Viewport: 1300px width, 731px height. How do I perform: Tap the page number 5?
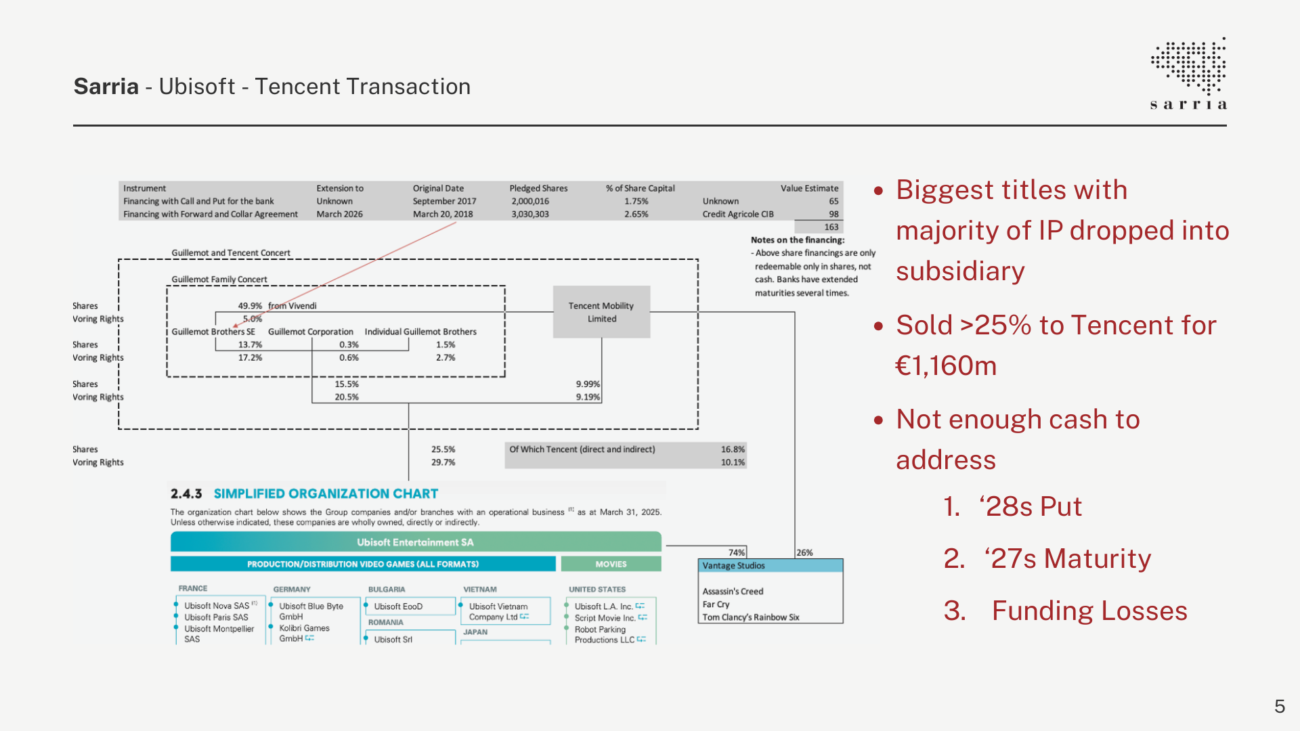1279,707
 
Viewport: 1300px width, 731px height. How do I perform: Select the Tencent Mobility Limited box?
601,312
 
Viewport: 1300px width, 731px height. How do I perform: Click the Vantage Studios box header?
770,566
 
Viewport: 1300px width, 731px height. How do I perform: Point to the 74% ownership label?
737,552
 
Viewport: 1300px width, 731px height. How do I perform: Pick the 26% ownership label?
804,552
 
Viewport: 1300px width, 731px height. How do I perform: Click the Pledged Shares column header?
538,188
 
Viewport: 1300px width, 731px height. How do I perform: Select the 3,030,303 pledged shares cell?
530,214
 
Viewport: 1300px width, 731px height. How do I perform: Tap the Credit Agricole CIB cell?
737,214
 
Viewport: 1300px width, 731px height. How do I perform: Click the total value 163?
831,227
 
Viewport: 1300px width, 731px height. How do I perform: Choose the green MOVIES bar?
611,564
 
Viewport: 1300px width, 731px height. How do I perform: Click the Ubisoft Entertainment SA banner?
415,542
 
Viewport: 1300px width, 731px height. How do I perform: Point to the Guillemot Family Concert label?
219,279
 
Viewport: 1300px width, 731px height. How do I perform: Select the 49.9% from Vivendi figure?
277,306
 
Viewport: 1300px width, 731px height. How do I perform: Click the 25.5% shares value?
443,449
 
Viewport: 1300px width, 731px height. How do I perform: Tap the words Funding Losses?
1089,611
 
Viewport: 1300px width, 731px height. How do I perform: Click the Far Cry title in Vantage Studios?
716,604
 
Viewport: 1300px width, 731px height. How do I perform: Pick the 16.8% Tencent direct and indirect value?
732,449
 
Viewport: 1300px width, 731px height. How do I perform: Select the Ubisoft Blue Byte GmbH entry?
311,611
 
